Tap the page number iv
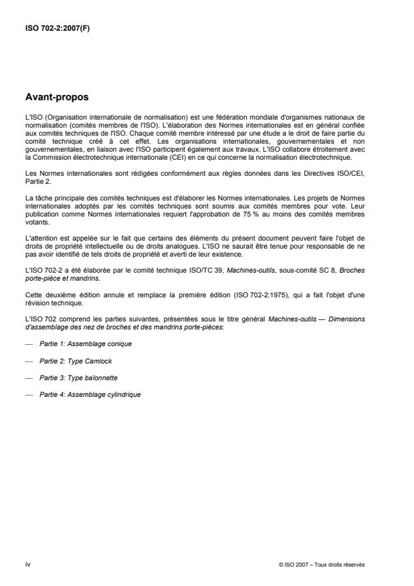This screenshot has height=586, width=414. tap(27, 565)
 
